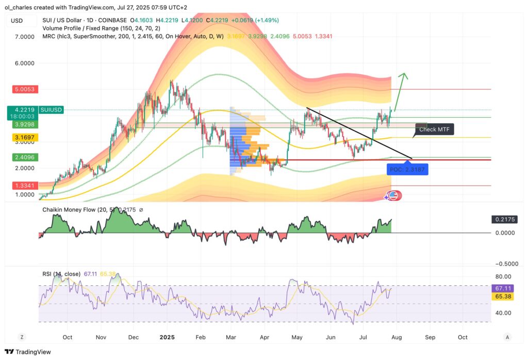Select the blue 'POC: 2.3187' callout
click(x=408, y=170)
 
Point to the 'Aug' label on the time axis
click(x=397, y=337)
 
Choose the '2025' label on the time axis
click(x=167, y=337)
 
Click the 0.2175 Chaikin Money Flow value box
click(x=503, y=219)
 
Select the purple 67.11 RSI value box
click(x=503, y=289)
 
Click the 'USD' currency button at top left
click(x=16, y=21)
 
